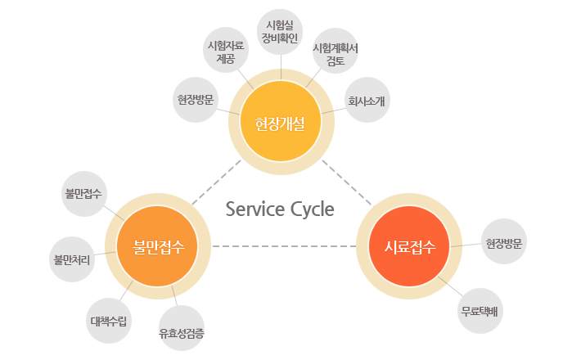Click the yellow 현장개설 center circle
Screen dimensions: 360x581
click(x=280, y=125)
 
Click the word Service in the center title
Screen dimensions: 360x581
click(x=255, y=209)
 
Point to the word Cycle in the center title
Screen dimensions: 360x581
click(x=312, y=209)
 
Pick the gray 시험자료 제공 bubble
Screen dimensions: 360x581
click(x=226, y=51)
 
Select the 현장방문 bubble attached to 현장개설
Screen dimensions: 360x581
click(x=196, y=101)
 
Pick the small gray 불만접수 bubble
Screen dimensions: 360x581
click(x=83, y=195)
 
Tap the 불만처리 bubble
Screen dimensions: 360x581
click(x=71, y=259)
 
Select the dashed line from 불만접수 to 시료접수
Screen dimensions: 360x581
click(x=284, y=245)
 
